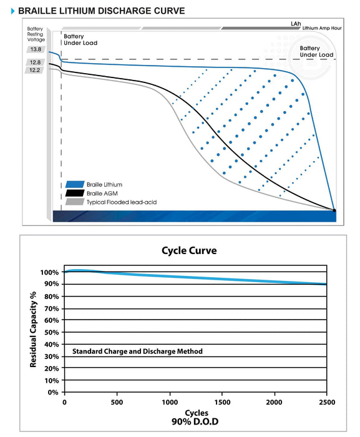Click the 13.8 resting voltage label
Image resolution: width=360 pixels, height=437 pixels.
pyautogui.click(x=36, y=49)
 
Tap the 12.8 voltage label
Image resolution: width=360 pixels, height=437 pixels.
pyautogui.click(x=35, y=62)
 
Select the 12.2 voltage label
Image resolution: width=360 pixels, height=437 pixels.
pyautogui.click(x=34, y=70)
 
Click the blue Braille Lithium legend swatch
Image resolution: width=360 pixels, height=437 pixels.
pyautogui.click(x=75, y=185)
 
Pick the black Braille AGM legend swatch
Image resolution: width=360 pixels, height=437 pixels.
pyautogui.click(x=75, y=193)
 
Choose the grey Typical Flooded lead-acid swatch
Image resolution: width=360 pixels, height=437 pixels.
pyautogui.click(x=75, y=202)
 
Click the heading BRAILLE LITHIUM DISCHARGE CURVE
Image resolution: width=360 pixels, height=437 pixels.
pyautogui.click(x=102, y=11)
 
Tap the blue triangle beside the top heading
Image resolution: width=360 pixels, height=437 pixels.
pyautogui.click(x=13, y=11)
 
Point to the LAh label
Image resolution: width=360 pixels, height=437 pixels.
pyautogui.click(x=296, y=24)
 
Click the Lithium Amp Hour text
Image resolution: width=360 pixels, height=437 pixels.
pyautogui.click(x=322, y=28)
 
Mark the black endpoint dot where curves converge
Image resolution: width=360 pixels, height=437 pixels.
pyautogui.click(x=334, y=210)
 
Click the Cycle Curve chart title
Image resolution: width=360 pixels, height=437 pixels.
pyautogui.click(x=189, y=250)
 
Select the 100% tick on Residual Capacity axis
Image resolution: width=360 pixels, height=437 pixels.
pyautogui.click(x=49, y=272)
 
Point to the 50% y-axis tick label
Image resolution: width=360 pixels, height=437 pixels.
pyautogui.click(x=52, y=332)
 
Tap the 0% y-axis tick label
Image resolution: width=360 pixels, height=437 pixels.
pyautogui.click(x=53, y=393)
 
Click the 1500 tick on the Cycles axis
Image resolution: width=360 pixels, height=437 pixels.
pyautogui.click(x=222, y=402)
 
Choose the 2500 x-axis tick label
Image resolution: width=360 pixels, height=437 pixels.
pyautogui.click(x=327, y=402)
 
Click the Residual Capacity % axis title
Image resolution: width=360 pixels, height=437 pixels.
pyautogui.click(x=33, y=330)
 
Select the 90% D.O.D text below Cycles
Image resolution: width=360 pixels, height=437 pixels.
pyautogui.click(x=195, y=421)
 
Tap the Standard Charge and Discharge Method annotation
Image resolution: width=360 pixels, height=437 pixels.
pyautogui.click(x=137, y=351)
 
